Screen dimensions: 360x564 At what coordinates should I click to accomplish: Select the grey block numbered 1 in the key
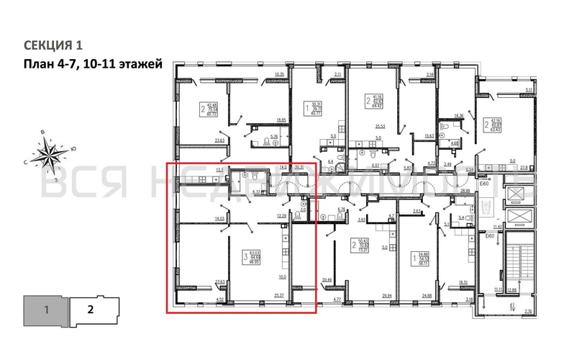point(45,311)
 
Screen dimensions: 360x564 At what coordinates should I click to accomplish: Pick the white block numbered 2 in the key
point(91,311)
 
